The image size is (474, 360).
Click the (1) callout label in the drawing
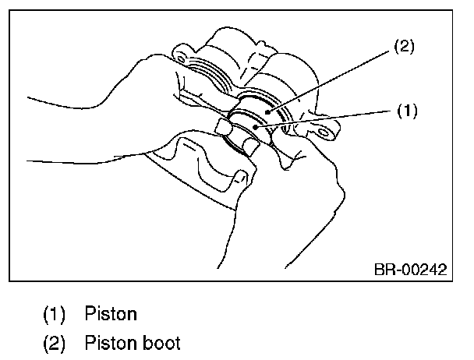tap(407, 111)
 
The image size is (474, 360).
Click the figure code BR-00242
tap(410, 270)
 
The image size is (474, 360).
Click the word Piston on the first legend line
tap(111, 315)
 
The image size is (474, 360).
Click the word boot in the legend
tap(164, 342)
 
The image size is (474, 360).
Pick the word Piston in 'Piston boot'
tap(111, 342)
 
